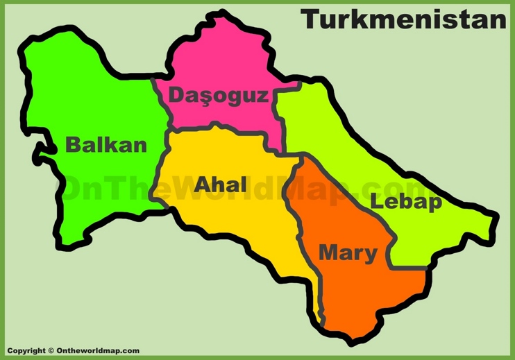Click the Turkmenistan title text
click(x=403, y=19)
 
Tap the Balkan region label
click(x=106, y=145)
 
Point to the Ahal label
click(x=221, y=185)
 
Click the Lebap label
click(x=406, y=202)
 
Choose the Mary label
click(x=348, y=253)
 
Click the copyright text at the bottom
click(x=73, y=351)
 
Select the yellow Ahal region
click(x=236, y=222)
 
